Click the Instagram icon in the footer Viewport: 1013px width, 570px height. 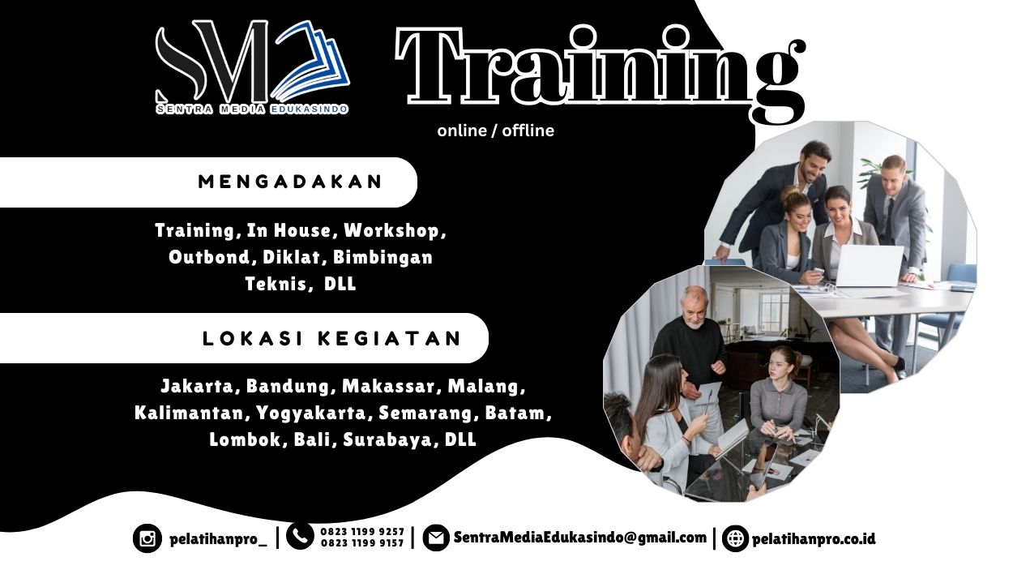coord(147,538)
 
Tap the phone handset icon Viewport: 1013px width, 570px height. coord(300,537)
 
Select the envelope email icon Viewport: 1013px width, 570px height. coord(436,538)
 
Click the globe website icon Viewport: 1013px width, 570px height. coord(735,538)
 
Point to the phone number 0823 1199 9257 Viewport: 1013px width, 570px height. coord(362,531)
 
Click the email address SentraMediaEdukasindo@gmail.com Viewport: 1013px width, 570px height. coord(580,538)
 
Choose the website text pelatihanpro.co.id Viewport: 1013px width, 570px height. coord(814,539)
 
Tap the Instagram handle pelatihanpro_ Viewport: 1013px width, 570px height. coord(219,539)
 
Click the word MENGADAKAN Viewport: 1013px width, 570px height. coord(291,182)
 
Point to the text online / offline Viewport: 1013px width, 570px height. coord(496,131)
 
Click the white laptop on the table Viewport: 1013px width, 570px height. coord(869,266)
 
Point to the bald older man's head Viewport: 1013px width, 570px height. coord(694,306)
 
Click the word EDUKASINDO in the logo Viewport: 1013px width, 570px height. coord(309,109)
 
